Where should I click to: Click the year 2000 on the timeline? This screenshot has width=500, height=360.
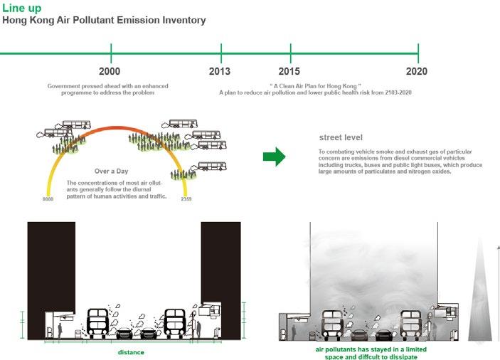110,71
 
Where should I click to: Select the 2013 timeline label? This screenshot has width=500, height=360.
220,71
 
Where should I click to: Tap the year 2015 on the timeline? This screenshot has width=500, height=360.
289,71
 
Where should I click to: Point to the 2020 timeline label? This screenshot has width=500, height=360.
417,71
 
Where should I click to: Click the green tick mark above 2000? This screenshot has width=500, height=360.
111,53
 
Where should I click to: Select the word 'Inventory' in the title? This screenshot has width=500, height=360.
181,21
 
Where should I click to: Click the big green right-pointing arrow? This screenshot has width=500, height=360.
274,157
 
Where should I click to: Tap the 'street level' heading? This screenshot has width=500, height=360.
342,137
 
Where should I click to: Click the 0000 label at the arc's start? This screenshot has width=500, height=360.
48,199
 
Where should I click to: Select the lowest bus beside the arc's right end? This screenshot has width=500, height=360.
213,166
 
